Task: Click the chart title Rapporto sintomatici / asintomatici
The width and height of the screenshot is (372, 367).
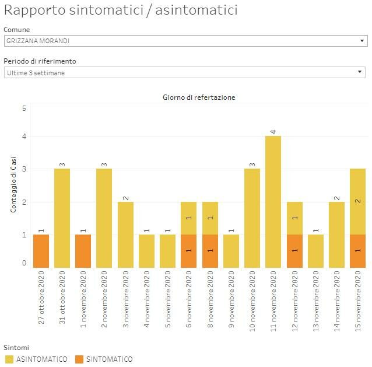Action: (121, 11)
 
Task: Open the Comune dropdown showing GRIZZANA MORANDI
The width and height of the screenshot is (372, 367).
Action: (185, 41)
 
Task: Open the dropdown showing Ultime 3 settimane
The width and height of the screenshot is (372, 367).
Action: (185, 72)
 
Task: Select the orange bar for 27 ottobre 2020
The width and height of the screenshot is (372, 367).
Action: (41, 251)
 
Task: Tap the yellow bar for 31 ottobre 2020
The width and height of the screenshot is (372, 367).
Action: (62, 218)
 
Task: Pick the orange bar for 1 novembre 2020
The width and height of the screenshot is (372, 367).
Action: (83, 251)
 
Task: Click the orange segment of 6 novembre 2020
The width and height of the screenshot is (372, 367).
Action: (189, 251)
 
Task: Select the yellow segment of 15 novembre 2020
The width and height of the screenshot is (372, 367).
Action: (357, 202)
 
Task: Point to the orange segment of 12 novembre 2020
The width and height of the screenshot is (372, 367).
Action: (294, 251)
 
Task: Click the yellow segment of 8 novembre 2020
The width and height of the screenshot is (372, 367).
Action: (210, 218)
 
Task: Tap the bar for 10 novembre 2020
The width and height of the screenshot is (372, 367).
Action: (252, 218)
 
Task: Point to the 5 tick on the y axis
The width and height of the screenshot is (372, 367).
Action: (24, 108)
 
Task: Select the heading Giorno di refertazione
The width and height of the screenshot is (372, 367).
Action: (199, 97)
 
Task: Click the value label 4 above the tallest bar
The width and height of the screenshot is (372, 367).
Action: (273, 131)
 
